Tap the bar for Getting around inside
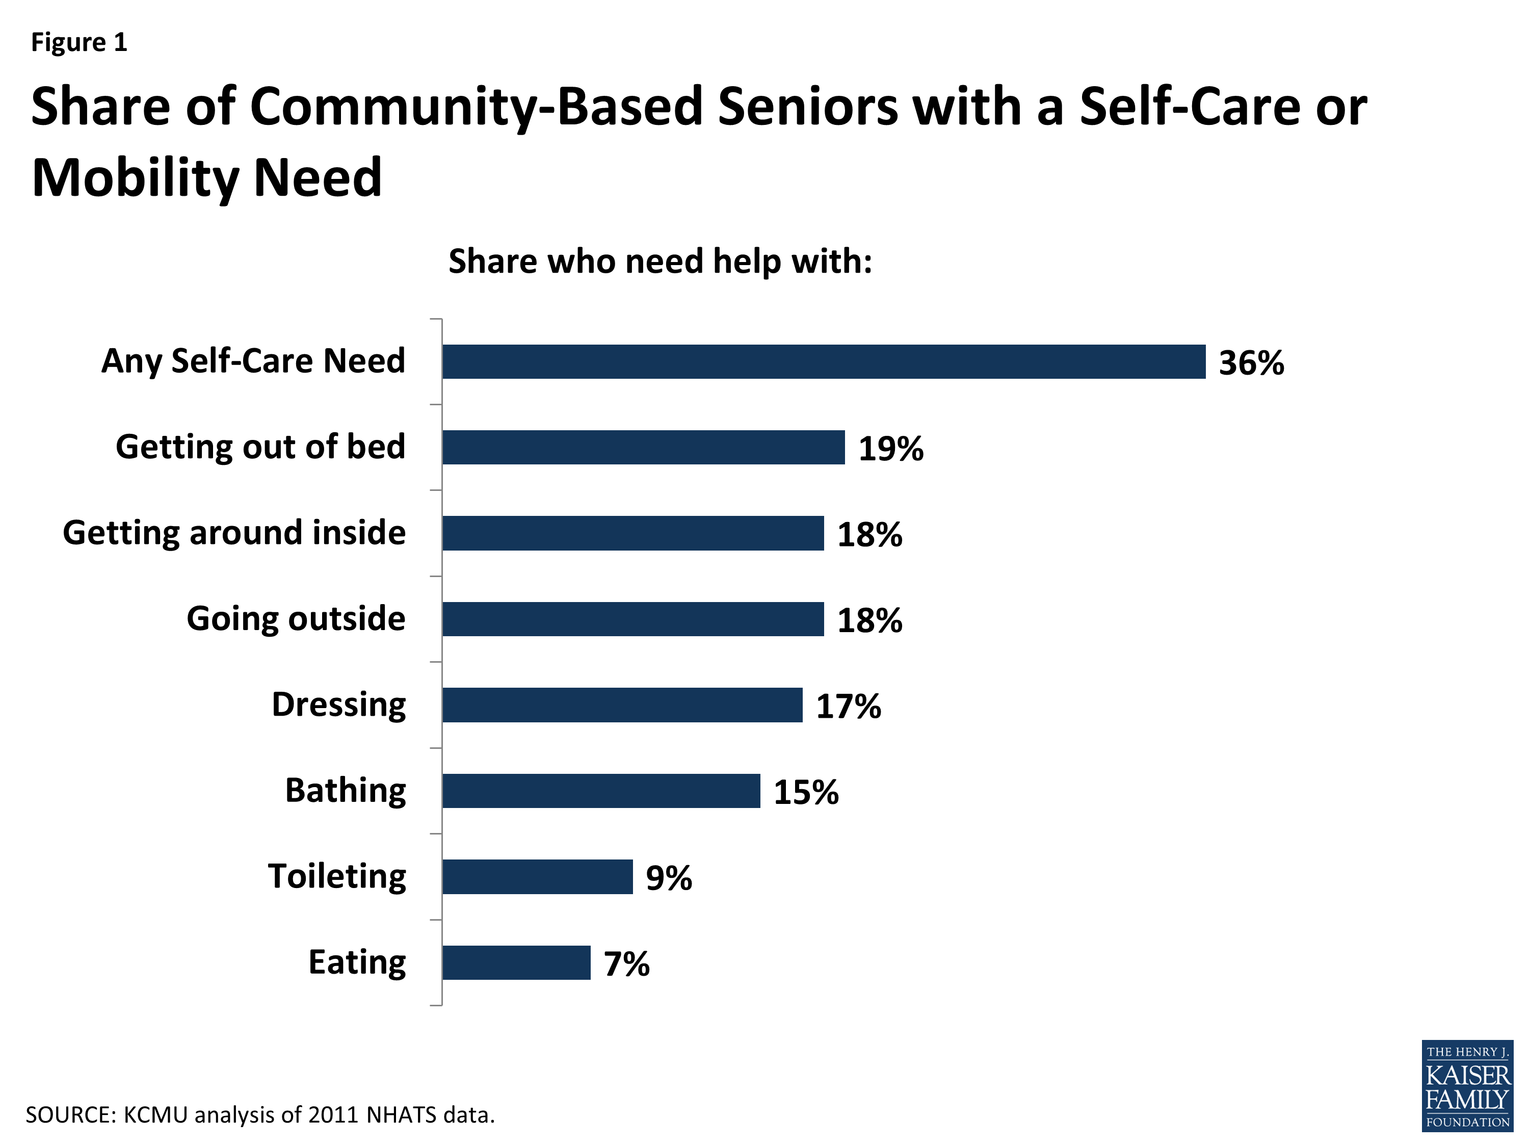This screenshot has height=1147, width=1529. [632, 533]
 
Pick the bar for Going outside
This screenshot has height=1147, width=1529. [632, 619]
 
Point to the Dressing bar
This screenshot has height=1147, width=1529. [622, 705]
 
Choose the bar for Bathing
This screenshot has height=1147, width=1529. [601, 791]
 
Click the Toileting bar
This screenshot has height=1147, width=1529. [537, 877]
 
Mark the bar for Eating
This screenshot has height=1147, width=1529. [516, 962]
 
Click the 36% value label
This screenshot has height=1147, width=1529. [1251, 363]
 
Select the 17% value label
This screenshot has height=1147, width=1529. [848, 706]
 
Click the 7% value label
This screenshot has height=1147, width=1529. [626, 964]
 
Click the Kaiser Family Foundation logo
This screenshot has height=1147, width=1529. [1467, 1086]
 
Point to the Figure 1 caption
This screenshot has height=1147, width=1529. [79, 42]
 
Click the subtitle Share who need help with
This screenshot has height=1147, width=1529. [660, 262]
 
